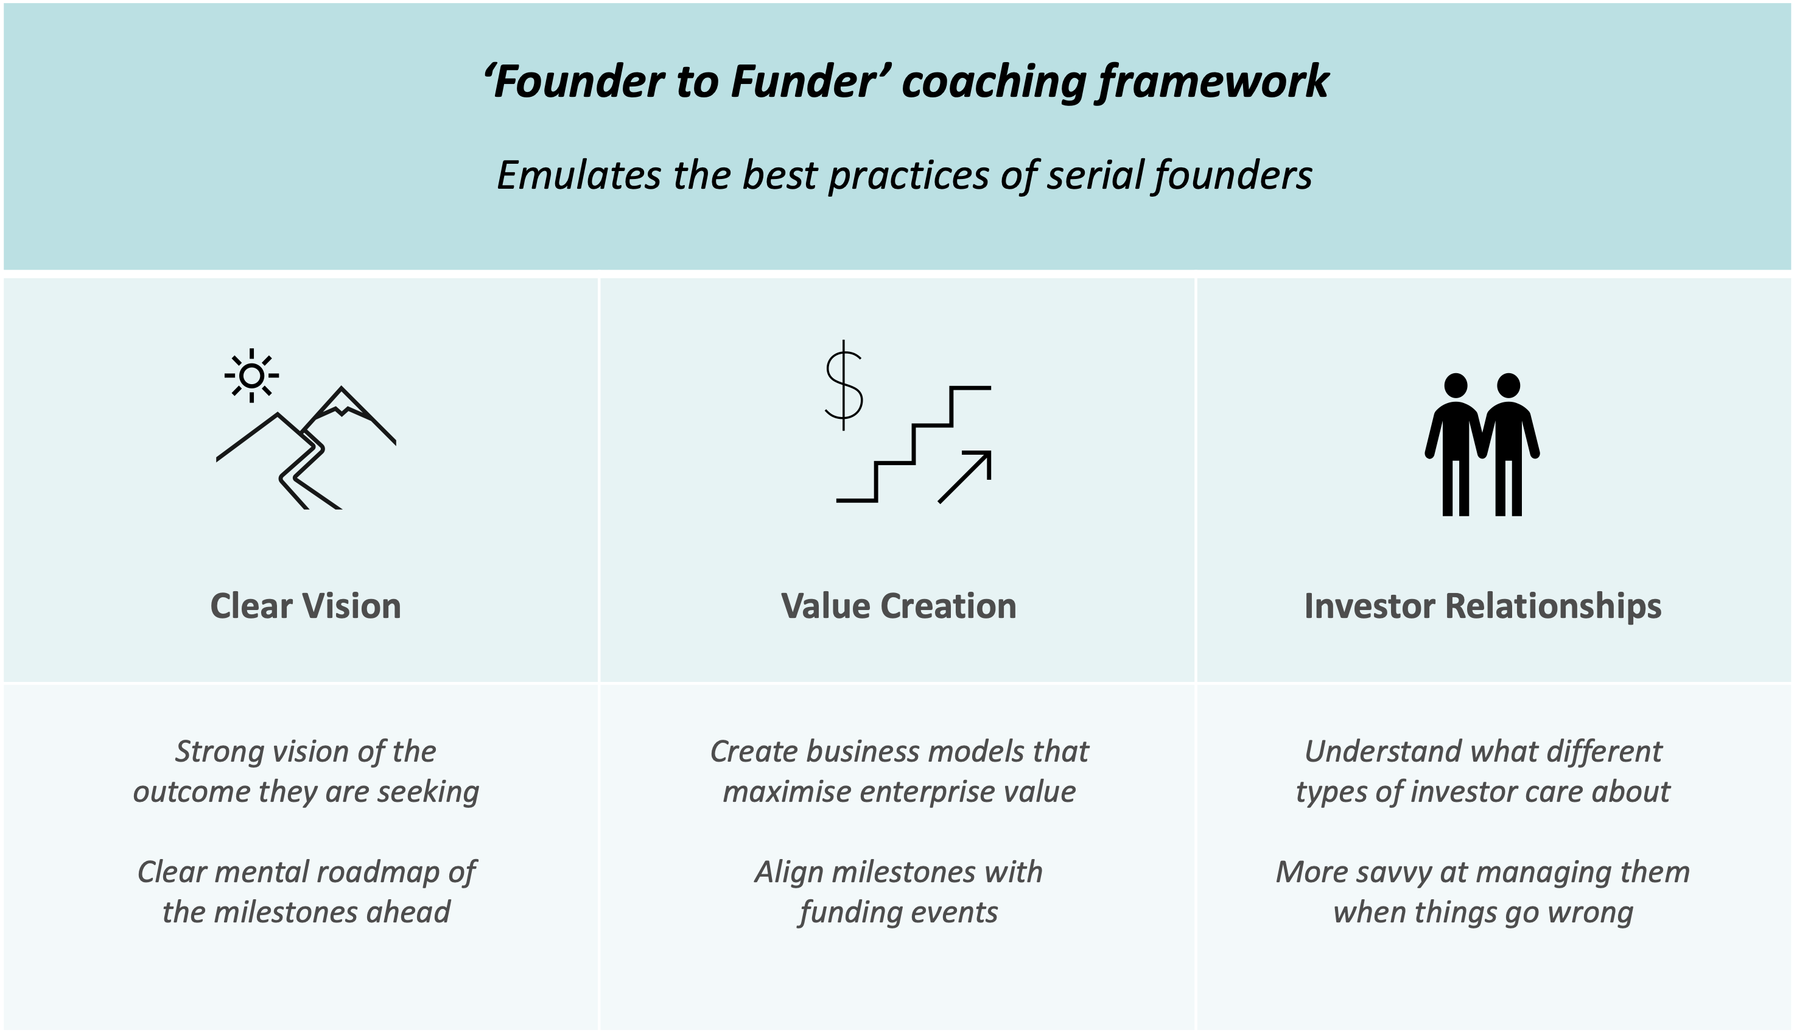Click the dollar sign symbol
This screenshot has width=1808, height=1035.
coord(844,385)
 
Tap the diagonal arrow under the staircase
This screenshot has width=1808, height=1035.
coord(965,476)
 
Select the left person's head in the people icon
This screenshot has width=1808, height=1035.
coord(1456,385)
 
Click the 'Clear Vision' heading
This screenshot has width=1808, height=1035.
coord(306,606)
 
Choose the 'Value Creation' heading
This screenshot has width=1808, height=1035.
coord(899,606)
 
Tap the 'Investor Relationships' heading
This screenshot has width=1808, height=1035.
coord(1482,606)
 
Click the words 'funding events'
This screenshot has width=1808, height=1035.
coord(899,913)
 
